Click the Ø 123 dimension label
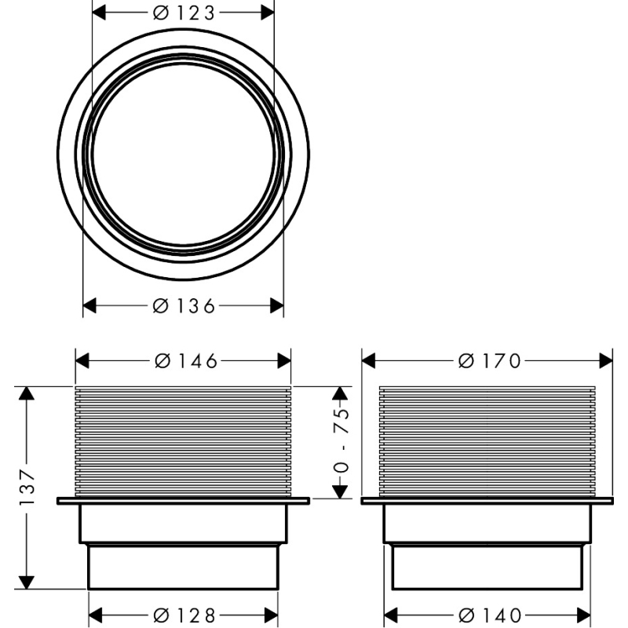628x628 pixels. click(x=184, y=13)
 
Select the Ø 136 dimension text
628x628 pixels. click(x=184, y=306)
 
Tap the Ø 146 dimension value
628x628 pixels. click(x=186, y=361)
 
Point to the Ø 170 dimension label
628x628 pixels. click(x=489, y=361)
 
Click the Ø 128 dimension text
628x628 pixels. click(x=184, y=615)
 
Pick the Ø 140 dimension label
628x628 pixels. click(x=489, y=615)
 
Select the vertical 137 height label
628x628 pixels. click(x=27, y=487)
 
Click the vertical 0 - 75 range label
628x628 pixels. click(x=341, y=441)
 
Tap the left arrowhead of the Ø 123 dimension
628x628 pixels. click(x=99, y=13)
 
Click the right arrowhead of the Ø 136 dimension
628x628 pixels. click(x=277, y=306)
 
